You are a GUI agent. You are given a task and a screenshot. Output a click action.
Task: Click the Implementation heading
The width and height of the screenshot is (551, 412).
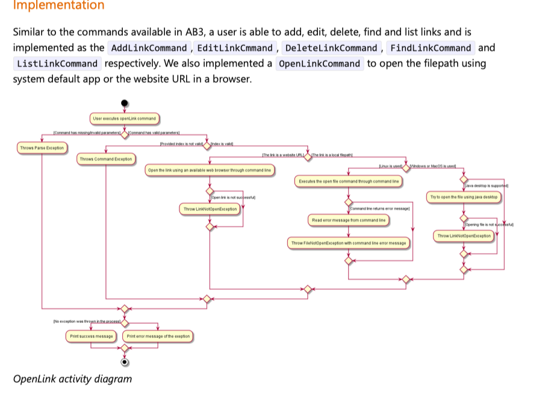(x=58, y=6)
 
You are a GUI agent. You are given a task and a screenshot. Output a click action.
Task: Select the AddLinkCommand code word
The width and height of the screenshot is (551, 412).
(x=149, y=48)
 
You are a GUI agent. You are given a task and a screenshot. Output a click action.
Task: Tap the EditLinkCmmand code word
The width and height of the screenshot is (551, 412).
(x=235, y=48)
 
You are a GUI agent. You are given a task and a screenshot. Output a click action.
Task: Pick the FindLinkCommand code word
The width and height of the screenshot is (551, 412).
(x=431, y=48)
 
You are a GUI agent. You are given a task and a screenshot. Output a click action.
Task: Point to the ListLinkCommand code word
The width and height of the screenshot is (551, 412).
(x=57, y=64)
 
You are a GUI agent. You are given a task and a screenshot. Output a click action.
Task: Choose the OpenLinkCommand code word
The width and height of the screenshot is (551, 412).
(x=319, y=64)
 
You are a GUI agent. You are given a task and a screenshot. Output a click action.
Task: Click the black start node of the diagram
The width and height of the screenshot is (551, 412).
(x=125, y=104)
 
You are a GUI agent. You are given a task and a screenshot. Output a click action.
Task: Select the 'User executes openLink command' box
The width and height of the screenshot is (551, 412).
(x=125, y=119)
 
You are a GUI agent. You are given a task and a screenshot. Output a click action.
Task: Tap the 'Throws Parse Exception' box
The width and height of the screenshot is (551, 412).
(x=42, y=148)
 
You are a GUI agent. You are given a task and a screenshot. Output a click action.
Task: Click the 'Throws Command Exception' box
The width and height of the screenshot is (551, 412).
(x=106, y=159)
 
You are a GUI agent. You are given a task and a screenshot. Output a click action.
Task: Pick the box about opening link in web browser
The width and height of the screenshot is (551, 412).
(x=210, y=170)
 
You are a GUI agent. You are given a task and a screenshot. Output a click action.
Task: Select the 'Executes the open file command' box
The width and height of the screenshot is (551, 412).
(x=349, y=181)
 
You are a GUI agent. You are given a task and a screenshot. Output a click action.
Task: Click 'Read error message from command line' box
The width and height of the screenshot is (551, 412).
(x=349, y=220)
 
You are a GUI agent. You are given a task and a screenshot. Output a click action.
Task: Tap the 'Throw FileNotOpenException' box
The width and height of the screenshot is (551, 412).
(x=349, y=243)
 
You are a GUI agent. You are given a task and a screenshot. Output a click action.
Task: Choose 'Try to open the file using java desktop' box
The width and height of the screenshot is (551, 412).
(x=463, y=197)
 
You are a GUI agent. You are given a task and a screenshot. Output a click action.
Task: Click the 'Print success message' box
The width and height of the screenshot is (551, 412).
(x=92, y=336)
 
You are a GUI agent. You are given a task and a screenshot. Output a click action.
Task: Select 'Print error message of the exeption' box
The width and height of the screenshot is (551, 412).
(x=158, y=336)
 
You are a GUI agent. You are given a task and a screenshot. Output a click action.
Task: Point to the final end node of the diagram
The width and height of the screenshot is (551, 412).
(x=125, y=362)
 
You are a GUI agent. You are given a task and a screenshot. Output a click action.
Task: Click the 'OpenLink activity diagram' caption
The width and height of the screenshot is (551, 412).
(x=72, y=379)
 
